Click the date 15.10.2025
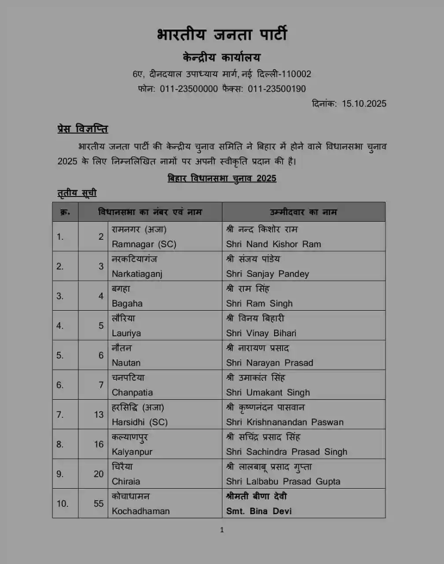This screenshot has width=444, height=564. click(x=364, y=104)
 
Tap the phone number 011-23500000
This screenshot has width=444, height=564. click(x=189, y=89)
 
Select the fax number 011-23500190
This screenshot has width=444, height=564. click(x=277, y=89)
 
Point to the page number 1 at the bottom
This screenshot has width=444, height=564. click(x=222, y=530)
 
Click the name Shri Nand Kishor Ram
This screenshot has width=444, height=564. click(x=273, y=244)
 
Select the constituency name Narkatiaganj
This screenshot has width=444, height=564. click(x=137, y=274)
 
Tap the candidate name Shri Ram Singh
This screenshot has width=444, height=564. click(x=259, y=304)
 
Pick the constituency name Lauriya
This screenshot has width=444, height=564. click(x=126, y=333)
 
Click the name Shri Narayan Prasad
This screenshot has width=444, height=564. click(x=269, y=363)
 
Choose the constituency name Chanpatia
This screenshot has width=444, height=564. click(x=132, y=393)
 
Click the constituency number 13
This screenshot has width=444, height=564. click(x=99, y=415)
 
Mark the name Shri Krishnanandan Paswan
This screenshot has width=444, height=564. click(x=285, y=422)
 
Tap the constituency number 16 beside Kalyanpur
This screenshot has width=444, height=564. click(x=99, y=444)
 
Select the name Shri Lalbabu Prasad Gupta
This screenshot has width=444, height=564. click(x=283, y=482)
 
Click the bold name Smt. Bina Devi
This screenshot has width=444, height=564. click(x=259, y=511)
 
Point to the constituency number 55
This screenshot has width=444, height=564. click(x=99, y=504)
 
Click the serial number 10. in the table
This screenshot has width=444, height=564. click(x=62, y=504)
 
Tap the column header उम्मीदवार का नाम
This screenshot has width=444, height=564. click(x=303, y=212)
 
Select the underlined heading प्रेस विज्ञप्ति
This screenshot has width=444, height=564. click(x=83, y=129)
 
